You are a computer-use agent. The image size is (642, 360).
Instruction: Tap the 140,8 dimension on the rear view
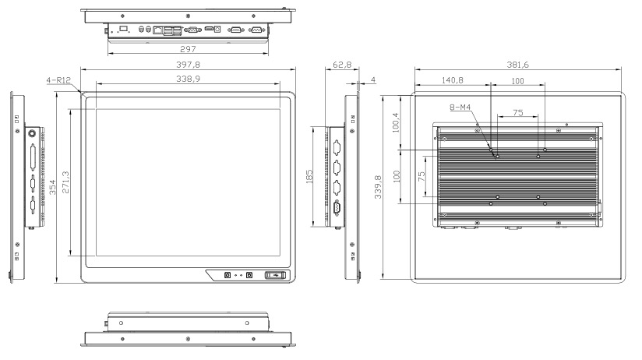[x=453, y=80]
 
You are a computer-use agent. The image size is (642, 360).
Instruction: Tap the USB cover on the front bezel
[x=276, y=274]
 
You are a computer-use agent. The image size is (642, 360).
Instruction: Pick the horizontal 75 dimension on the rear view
[x=517, y=114]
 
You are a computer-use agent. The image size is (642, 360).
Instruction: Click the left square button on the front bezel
[x=227, y=274]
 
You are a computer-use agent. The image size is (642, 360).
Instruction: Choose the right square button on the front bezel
[x=249, y=274]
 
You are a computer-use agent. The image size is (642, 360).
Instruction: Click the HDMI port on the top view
[x=209, y=29]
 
